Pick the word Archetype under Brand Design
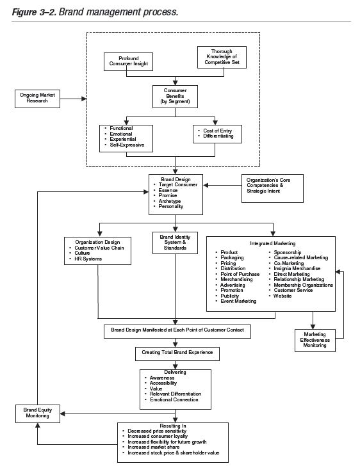[x=166, y=201]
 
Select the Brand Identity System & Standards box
[x=171, y=243]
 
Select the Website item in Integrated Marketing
[x=282, y=296]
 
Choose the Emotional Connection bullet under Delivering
[x=175, y=399]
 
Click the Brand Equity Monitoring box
[x=38, y=414]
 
